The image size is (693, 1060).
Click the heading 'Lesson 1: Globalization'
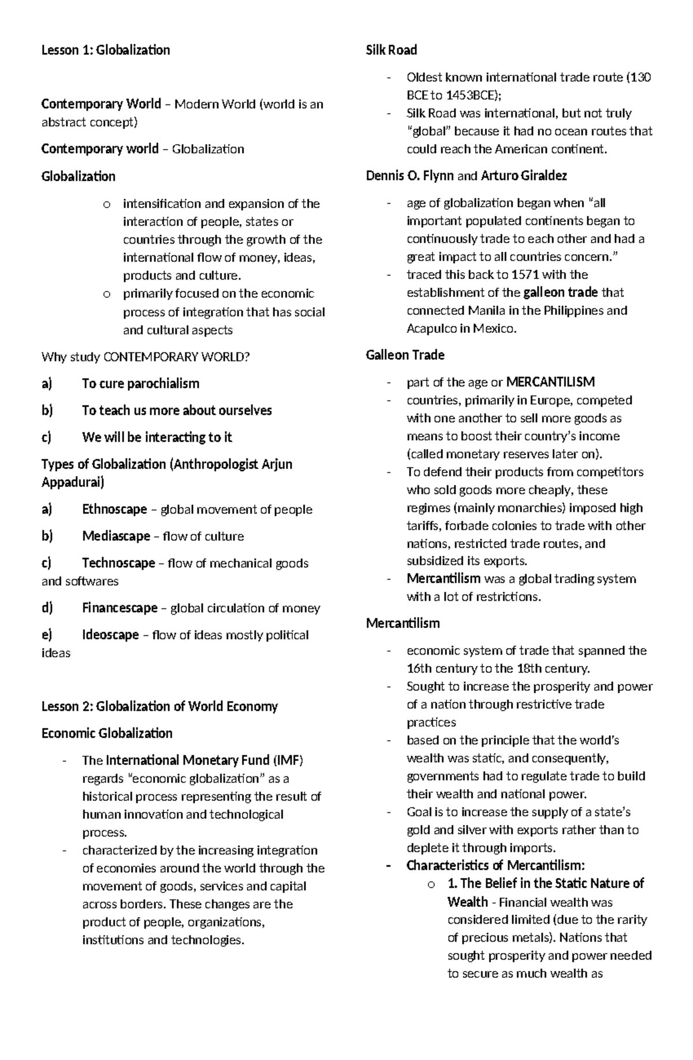106,50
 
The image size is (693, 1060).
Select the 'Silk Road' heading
391,50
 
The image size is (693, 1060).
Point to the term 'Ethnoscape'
114,509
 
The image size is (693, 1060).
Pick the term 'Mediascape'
116,536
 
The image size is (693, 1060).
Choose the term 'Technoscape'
118,563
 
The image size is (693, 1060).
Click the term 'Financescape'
120,608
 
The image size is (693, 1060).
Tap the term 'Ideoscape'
110,635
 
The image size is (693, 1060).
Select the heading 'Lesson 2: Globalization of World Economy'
159,706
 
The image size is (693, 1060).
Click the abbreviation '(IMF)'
288,760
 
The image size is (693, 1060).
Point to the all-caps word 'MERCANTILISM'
550,382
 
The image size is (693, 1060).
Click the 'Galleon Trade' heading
405,355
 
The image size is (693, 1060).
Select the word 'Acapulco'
431,329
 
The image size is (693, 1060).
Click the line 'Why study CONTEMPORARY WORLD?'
146,357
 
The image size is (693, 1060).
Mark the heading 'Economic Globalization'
107,734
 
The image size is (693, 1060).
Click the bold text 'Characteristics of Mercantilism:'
495,865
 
